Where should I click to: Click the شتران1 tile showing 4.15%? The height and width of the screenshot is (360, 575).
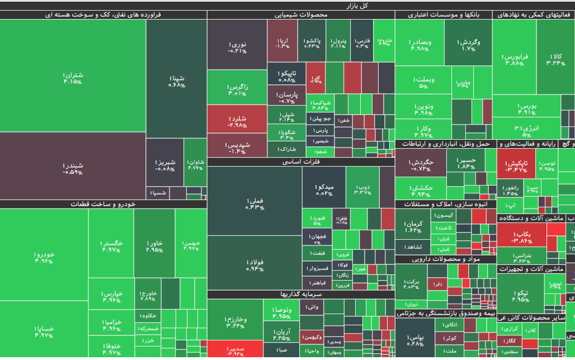(x=73, y=78)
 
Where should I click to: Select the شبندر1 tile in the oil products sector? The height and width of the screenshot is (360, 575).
(x=73, y=168)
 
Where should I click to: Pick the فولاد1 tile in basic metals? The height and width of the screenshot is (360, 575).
(x=254, y=265)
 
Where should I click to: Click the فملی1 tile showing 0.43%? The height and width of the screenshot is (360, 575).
(x=254, y=203)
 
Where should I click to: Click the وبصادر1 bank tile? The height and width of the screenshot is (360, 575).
(x=419, y=45)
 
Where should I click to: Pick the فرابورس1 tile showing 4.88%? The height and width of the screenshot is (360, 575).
(x=514, y=59)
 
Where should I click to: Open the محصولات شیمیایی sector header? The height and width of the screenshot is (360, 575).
(x=300, y=15)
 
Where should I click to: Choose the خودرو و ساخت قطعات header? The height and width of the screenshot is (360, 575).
(x=103, y=204)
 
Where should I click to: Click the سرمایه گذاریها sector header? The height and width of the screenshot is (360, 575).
(x=301, y=294)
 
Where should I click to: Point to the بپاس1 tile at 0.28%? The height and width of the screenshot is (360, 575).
(x=416, y=340)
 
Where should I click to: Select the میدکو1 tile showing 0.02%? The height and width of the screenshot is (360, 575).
(x=324, y=190)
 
